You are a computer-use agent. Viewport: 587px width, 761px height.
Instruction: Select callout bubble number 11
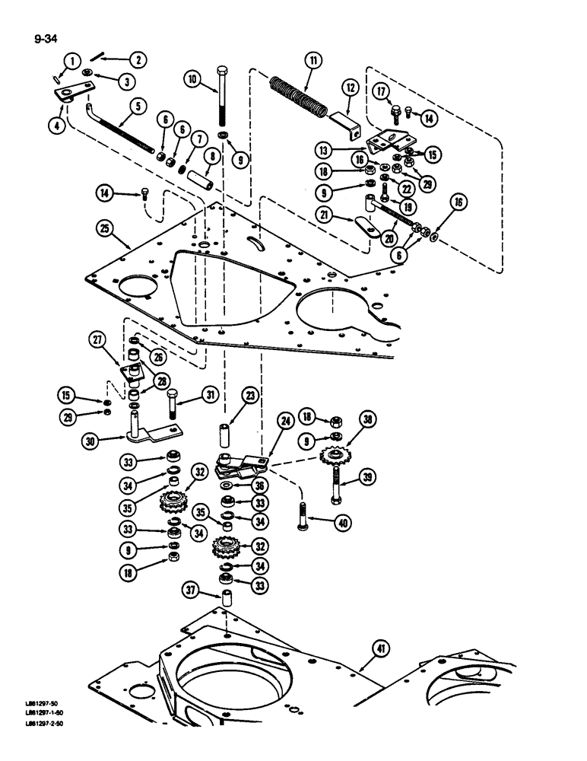[x=312, y=60]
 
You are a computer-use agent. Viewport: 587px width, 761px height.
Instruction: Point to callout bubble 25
[x=106, y=228]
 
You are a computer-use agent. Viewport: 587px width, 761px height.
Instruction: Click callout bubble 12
[x=351, y=89]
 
